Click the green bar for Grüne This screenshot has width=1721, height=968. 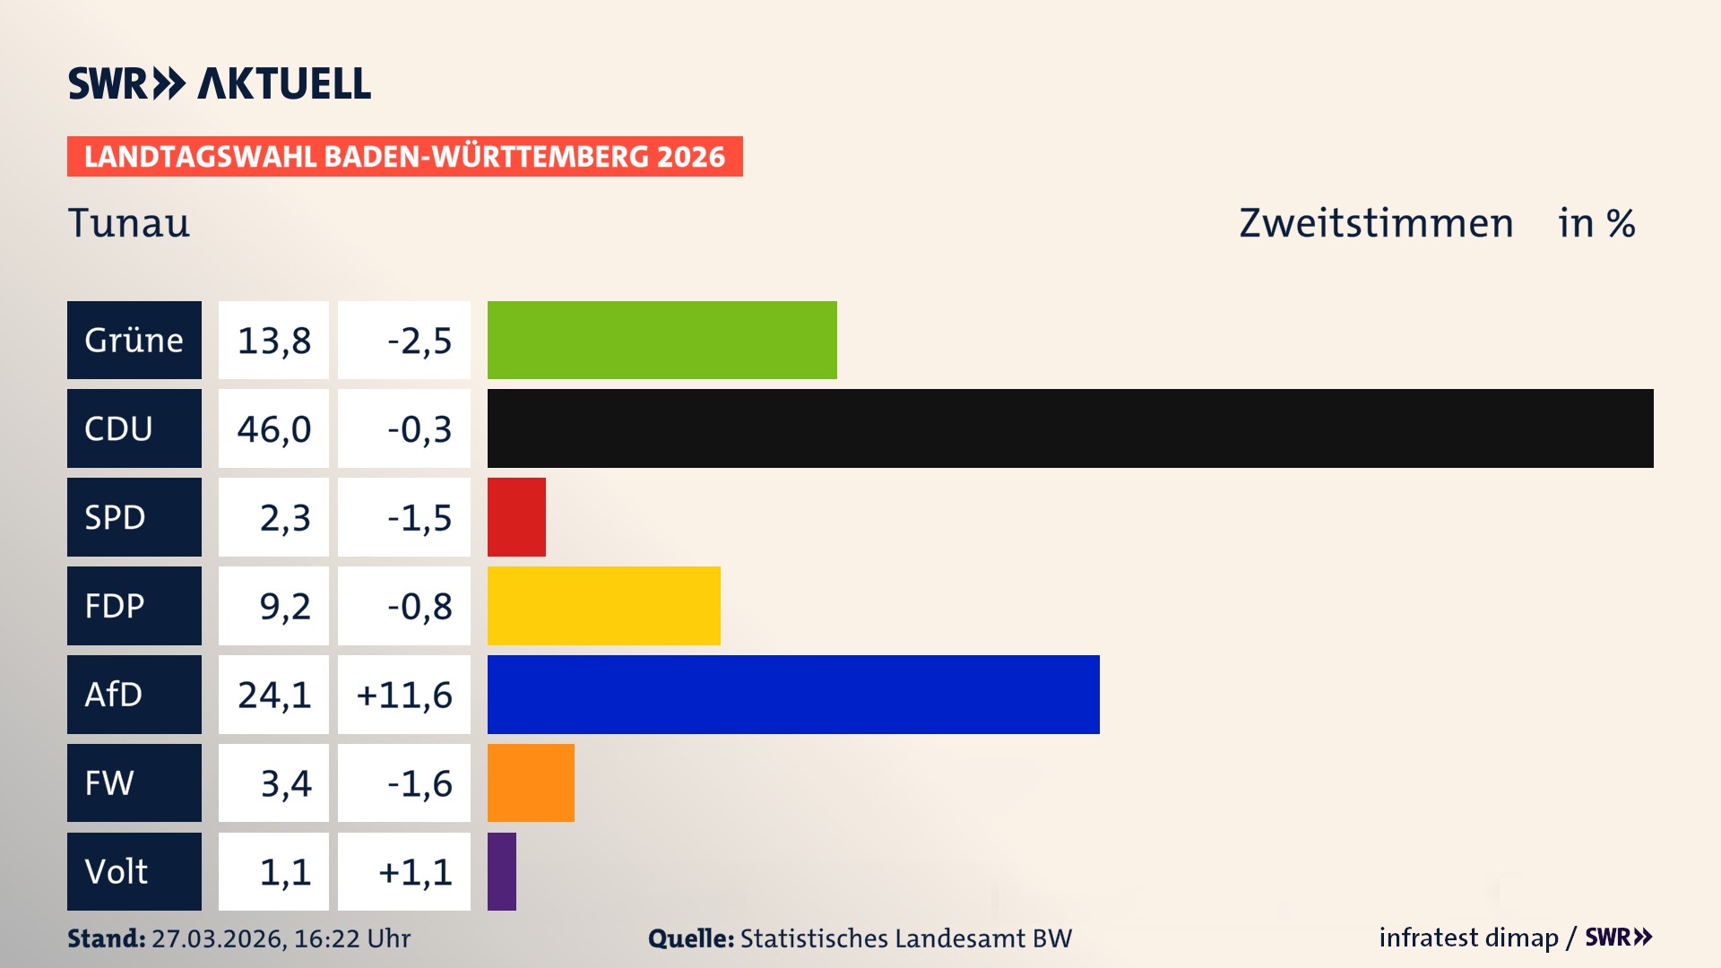(x=662, y=340)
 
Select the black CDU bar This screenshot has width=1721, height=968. (x=1070, y=428)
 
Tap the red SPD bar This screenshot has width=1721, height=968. (x=516, y=517)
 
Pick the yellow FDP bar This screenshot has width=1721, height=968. (x=603, y=606)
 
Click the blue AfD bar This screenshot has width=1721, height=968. (x=793, y=695)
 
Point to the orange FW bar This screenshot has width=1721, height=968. (x=531, y=782)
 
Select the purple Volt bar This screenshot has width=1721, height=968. (x=502, y=871)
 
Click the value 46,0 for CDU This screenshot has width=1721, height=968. (x=273, y=428)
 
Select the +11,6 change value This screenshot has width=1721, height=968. (x=404, y=695)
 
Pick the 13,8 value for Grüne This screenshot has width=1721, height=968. (x=273, y=340)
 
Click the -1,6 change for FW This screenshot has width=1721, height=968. (x=419, y=782)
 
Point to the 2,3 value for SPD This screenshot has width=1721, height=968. (x=284, y=517)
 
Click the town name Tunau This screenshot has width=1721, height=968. (x=129, y=223)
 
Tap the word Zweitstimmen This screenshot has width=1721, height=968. (x=1376, y=223)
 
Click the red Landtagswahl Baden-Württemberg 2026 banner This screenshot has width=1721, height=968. (x=404, y=157)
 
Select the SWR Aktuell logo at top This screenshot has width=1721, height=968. (x=220, y=83)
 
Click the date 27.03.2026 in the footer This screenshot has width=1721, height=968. (x=218, y=938)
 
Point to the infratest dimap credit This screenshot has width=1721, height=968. (x=1467, y=938)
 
